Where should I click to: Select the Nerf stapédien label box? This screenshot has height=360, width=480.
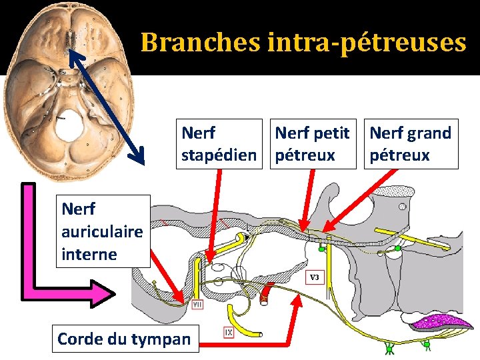pyautogui.click(x=219, y=144)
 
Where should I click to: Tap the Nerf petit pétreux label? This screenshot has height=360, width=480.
pyautogui.click(x=312, y=144)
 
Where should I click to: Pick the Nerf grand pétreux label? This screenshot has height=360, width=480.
pyautogui.click(x=411, y=144)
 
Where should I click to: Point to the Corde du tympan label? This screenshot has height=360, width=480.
pyautogui.click(x=124, y=339)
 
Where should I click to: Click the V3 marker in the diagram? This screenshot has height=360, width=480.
pyautogui.click(x=315, y=277)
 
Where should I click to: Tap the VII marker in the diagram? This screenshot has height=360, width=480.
pyautogui.click(x=197, y=305)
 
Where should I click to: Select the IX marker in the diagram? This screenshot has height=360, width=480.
pyautogui.click(x=229, y=330)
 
